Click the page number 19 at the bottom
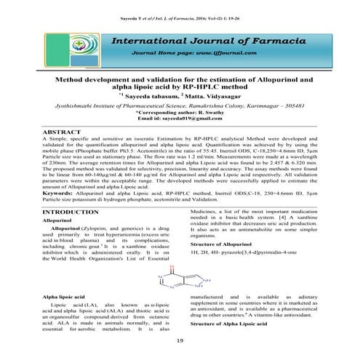coord(180,342)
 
